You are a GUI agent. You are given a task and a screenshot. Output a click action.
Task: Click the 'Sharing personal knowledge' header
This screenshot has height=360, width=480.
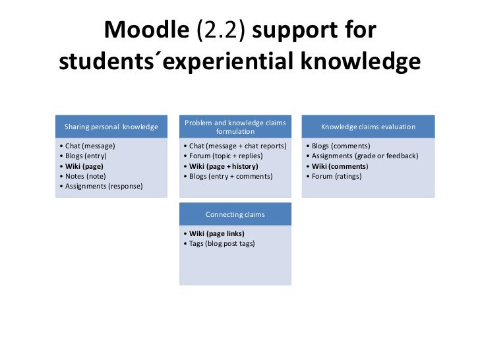[111, 127]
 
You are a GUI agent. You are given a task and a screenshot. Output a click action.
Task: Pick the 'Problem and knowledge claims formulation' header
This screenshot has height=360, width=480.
[235, 127]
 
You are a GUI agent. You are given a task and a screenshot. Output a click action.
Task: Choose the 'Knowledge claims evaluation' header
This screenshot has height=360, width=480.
[368, 127]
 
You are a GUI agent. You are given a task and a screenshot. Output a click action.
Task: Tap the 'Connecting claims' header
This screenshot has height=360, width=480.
[235, 214]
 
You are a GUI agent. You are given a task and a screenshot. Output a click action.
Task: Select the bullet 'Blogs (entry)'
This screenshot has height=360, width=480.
[84, 156]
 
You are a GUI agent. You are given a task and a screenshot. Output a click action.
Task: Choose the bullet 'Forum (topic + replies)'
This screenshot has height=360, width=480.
[224, 156]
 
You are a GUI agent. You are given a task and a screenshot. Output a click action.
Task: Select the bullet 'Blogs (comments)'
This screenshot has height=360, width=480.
[338, 146]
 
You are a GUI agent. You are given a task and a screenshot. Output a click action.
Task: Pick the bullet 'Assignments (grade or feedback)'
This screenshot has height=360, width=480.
[361, 156]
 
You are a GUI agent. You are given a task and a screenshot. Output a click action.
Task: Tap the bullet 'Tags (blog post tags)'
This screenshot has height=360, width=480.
[218, 243]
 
